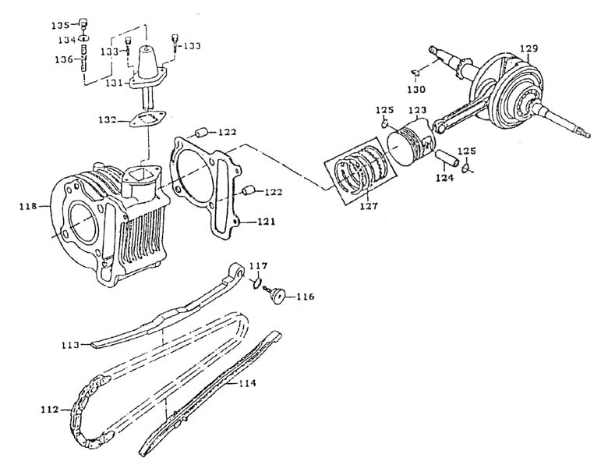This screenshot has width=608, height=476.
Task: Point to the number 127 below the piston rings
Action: pyautogui.click(x=367, y=208)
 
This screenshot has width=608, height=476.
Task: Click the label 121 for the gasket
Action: pyautogui.click(x=267, y=222)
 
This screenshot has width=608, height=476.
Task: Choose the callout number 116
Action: pyautogui.click(x=305, y=297)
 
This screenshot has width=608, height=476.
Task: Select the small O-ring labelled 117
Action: pyautogui.click(x=256, y=285)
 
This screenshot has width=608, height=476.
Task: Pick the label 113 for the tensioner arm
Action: pyautogui.click(x=72, y=343)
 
